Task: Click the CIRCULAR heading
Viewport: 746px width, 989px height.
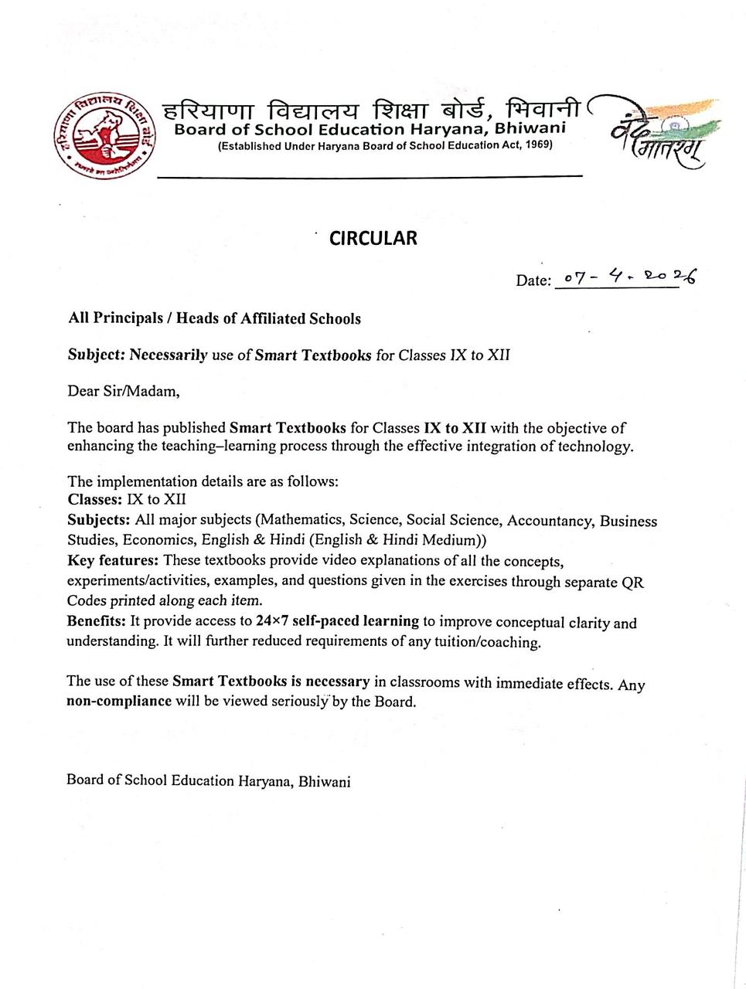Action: (373, 238)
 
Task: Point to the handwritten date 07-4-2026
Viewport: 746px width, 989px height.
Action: (629, 277)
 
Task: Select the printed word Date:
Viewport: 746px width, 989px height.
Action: (533, 280)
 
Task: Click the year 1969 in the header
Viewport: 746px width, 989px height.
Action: (538, 145)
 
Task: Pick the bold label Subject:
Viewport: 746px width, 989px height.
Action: (97, 355)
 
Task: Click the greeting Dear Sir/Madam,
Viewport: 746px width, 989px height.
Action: (124, 391)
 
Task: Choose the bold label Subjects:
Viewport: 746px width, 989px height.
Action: (99, 520)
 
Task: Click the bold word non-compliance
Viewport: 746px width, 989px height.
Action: (119, 702)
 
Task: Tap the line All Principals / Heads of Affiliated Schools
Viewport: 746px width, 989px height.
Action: (214, 318)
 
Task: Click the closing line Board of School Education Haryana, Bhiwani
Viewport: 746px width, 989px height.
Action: (209, 780)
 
